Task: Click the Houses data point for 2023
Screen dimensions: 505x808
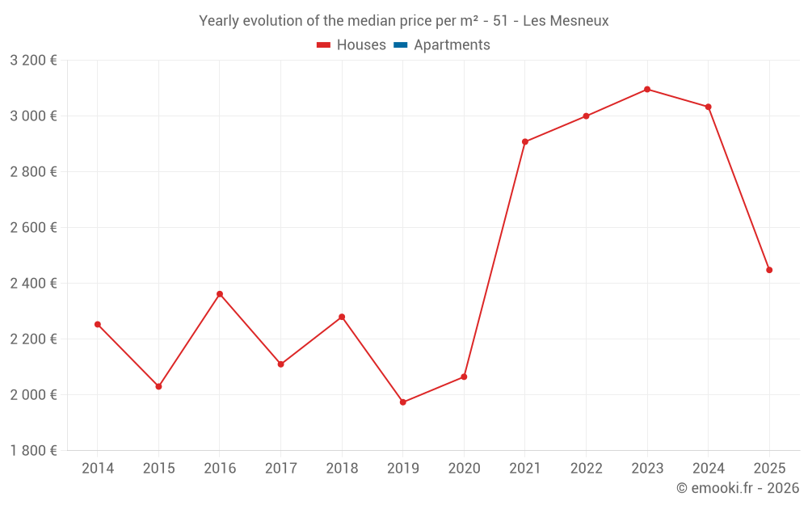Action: pos(647,89)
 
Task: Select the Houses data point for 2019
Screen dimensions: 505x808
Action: pos(403,402)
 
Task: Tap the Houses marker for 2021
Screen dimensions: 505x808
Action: pos(525,141)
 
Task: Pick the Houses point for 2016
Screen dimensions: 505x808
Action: pos(220,294)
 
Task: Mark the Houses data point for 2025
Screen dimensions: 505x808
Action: pos(769,270)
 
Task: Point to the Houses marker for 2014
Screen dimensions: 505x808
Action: pos(98,324)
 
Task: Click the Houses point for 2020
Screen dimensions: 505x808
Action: pos(464,377)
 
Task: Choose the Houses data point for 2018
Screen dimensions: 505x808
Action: pos(342,317)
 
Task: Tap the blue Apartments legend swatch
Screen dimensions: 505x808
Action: pos(401,45)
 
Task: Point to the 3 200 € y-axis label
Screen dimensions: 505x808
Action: pos(34,61)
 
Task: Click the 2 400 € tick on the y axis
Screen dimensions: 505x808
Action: pos(34,284)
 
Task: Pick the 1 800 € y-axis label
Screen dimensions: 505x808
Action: pos(34,451)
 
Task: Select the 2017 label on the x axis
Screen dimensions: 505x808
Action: pos(280,469)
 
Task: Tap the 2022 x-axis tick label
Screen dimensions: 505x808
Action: pos(586,469)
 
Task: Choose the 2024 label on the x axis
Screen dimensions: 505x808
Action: pos(709,469)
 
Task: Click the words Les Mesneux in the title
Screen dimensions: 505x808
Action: pos(566,20)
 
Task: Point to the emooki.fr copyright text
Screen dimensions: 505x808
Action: pos(738,488)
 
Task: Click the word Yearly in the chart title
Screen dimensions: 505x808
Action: pos(220,20)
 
